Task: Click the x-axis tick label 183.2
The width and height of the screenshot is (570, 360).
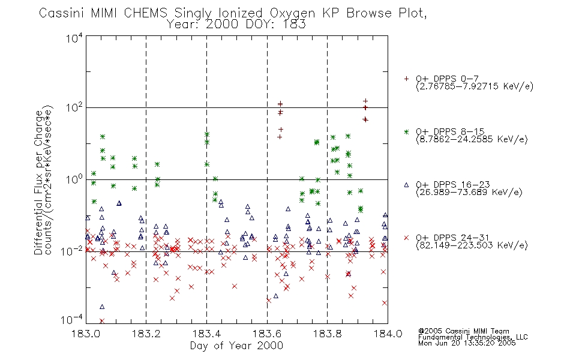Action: click(146, 334)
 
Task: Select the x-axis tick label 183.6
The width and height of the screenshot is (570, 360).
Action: click(267, 334)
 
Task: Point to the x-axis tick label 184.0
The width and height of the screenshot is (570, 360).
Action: click(388, 334)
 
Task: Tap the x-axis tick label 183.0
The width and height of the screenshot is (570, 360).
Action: click(86, 334)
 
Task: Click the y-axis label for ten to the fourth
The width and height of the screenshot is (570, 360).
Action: click(74, 38)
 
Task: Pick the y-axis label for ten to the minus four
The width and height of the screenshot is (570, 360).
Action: click(73, 320)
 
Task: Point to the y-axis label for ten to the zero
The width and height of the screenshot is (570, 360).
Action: click(74, 179)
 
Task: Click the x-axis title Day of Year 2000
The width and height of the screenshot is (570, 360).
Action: click(236, 346)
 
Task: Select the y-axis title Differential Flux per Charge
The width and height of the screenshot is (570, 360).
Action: click(38, 182)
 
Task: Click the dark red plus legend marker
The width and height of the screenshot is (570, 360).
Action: click(406, 79)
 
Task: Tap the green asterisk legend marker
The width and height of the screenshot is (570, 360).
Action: click(406, 131)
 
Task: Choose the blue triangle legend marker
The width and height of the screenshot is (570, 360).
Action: click(406, 185)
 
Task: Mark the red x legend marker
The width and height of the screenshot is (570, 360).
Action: click(406, 238)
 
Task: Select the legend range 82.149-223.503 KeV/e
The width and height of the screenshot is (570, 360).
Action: click(472, 245)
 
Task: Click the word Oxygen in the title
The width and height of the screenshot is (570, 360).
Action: click(293, 13)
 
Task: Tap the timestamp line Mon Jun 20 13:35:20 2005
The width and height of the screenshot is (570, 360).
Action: click(467, 343)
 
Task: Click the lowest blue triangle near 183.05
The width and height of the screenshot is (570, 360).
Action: click(102, 307)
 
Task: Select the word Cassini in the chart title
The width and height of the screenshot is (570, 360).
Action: click(62, 13)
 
